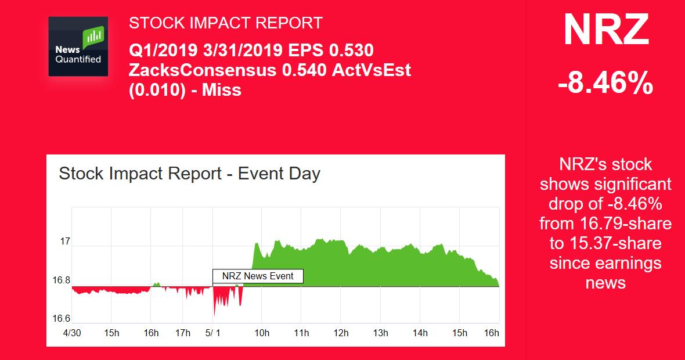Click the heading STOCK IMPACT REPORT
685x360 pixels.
click(225, 23)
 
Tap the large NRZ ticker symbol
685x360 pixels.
click(605, 30)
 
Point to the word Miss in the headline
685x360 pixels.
click(221, 90)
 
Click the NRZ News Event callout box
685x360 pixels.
click(258, 276)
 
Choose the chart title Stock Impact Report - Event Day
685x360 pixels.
click(190, 174)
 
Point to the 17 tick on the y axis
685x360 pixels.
click(64, 241)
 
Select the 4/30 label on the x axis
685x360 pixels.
click(72, 333)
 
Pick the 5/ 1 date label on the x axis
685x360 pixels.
click(213, 333)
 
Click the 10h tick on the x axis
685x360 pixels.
click(262, 333)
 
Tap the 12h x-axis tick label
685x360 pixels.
click(341, 333)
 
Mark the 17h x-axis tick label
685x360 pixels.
click(182, 333)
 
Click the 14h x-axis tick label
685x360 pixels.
click(420, 333)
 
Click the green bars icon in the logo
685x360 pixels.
click(93, 38)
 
